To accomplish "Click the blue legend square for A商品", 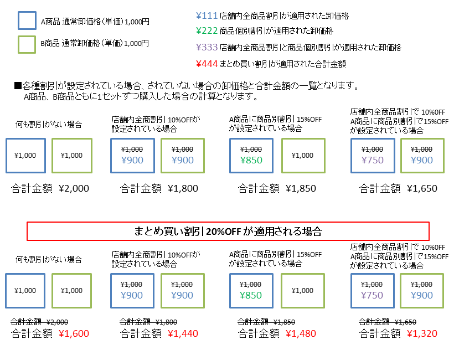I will point(27,20).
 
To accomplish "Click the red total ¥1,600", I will point(74,333).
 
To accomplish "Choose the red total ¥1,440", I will point(182,333).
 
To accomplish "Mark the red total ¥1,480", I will point(301,333).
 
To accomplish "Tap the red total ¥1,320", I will point(422,333).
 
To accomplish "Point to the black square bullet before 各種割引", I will point(18,86).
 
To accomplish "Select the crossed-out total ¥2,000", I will point(58,322).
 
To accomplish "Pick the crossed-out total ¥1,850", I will point(284,322).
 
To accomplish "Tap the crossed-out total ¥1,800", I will point(166,322).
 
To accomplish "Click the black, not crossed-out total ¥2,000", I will point(74,188).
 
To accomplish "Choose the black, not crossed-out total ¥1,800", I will point(182,188).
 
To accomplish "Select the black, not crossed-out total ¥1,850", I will point(301,188).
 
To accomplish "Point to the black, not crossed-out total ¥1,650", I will point(422,188).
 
